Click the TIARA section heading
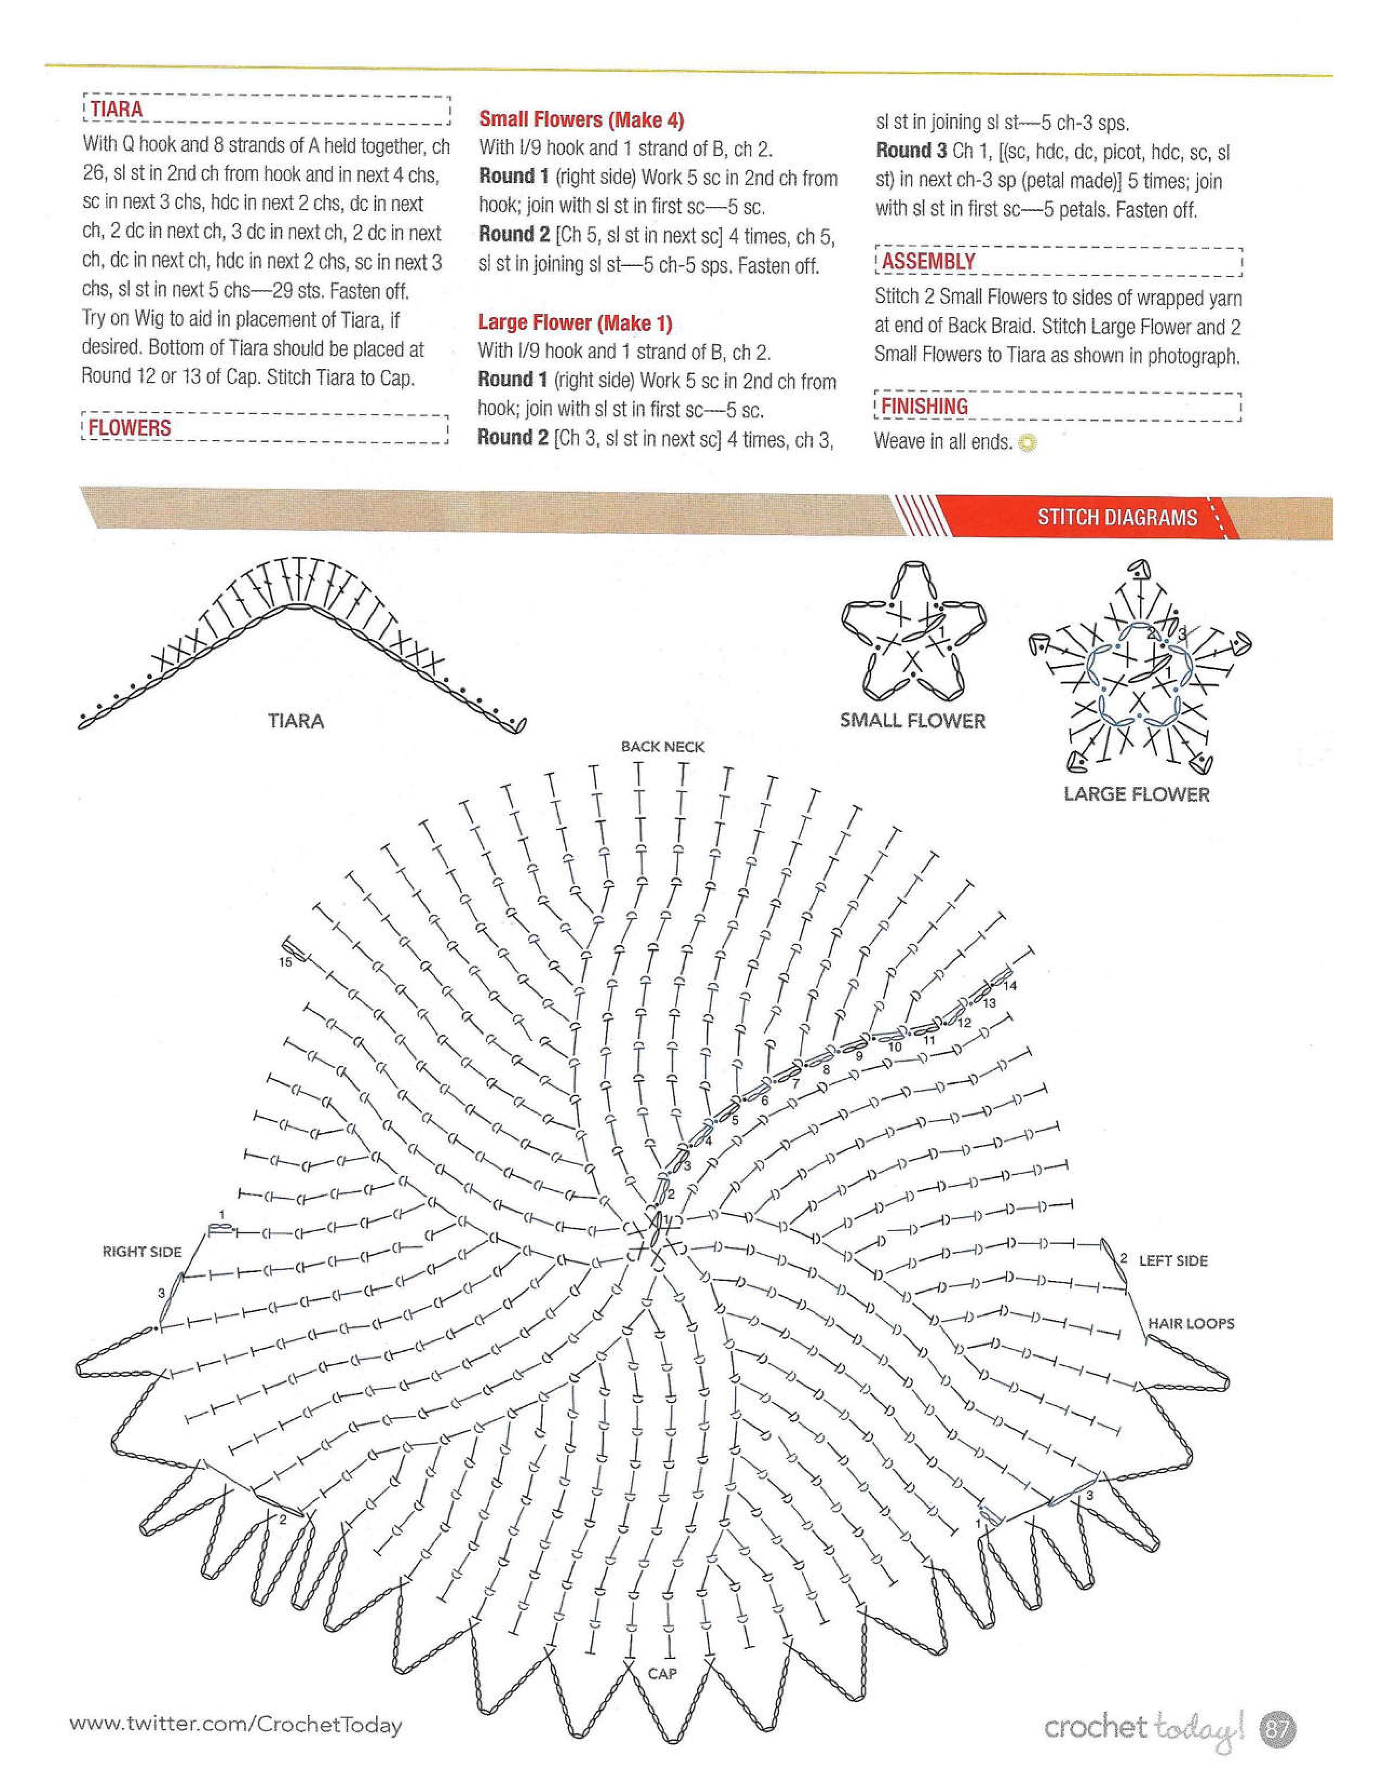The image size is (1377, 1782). pos(117,109)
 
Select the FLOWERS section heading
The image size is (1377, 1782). pos(130,428)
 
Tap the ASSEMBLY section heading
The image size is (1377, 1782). pos(928,261)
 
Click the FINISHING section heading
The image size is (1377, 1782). pos(924,406)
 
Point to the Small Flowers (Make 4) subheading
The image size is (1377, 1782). pos(581,120)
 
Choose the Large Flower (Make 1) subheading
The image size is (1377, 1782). pos(575,323)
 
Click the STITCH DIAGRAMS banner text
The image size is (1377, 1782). pos(1117,517)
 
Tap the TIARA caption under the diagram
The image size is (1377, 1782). pos(296,721)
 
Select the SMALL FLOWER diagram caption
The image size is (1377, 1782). pos(912,721)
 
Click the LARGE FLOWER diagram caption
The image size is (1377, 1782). pos(1136,794)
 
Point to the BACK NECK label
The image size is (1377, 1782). pos(663,747)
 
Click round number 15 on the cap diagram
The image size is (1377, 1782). pos(285,962)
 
